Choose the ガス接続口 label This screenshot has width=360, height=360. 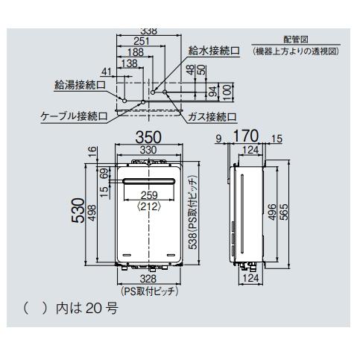(x=212, y=116)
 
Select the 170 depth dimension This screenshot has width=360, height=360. (x=247, y=137)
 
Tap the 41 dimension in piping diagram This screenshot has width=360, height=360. (x=107, y=72)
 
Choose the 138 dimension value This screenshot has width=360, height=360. (x=129, y=64)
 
